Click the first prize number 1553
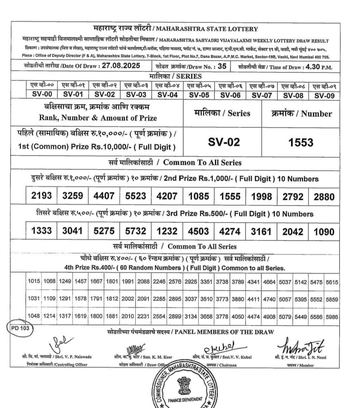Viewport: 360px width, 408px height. [x=301, y=143]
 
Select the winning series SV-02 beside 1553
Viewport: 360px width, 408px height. [x=224, y=143]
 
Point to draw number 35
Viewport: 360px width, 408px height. [x=222, y=66]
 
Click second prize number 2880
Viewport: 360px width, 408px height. [x=324, y=197]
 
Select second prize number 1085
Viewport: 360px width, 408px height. [x=198, y=197]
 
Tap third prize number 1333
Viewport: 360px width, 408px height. [x=42, y=232]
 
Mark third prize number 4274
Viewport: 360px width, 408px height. [x=230, y=232]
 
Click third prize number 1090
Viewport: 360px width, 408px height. [x=324, y=232]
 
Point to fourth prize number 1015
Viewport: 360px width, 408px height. [x=34, y=282]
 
